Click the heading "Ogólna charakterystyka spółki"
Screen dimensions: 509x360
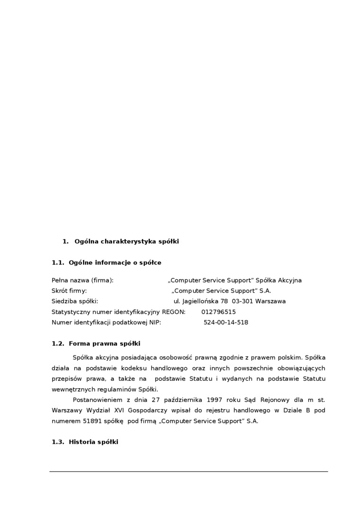pos(126,241)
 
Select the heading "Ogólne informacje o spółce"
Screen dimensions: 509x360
pos(115,263)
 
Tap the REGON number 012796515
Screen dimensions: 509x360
pos(218,312)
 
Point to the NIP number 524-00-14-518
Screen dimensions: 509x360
pos(225,322)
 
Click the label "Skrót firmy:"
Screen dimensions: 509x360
pos(69,291)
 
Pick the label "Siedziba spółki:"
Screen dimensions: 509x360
pos(75,301)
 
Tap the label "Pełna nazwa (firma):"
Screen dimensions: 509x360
pos(82,280)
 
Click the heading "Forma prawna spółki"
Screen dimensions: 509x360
pos(104,344)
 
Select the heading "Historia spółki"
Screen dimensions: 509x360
pos(93,442)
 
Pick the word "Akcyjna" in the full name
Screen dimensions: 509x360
pos(289,280)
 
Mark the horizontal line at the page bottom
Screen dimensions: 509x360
pos(189,472)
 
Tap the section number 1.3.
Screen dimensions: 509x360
pos(58,442)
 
